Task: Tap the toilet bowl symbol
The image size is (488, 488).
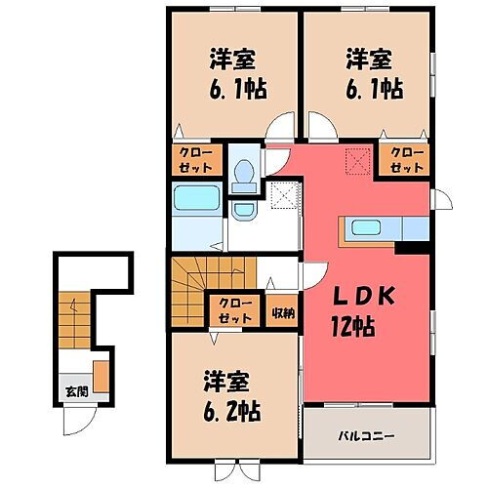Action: coord(244,172)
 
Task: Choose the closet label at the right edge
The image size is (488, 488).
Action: coord(406,160)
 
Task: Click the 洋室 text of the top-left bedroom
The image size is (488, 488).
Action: coord(231,57)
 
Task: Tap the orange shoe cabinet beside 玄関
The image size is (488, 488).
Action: coord(102,375)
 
